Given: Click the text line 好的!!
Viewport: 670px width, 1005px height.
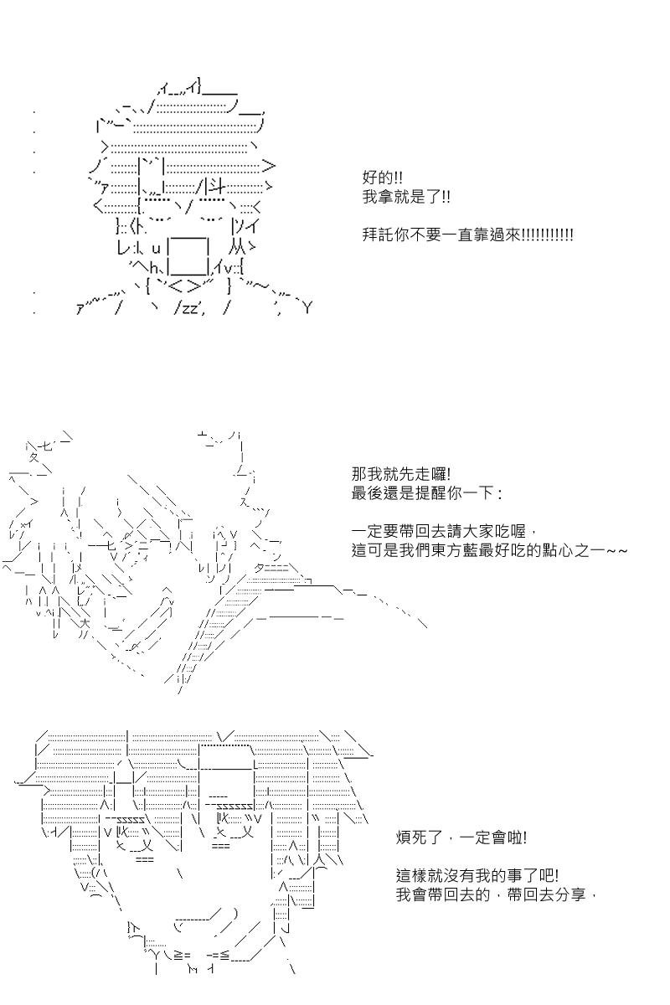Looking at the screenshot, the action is [382, 178].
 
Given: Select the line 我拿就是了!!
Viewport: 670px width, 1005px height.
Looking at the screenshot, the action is [406, 197].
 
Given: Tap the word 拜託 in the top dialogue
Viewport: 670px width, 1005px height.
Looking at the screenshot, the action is [378, 235].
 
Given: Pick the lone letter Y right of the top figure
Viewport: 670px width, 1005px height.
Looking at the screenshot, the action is [307, 308].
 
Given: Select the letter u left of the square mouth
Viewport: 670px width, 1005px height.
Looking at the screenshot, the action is [156, 249].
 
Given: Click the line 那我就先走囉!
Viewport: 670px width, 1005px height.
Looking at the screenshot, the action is [400, 474].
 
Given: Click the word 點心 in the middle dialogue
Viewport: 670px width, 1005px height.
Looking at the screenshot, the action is [558, 550].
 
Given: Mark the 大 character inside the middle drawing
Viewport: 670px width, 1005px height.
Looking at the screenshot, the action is [85, 624].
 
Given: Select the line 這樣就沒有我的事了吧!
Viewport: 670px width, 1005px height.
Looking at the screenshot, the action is [477, 875].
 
